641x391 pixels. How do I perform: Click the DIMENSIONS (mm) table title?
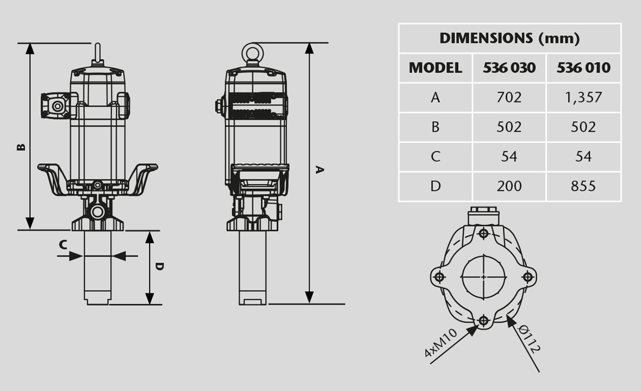(x=509, y=38)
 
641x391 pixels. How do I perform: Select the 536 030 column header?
(x=509, y=68)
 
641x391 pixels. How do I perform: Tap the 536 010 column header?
(x=583, y=68)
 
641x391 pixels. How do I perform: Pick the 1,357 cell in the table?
(x=583, y=97)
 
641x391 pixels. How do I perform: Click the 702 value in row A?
(x=509, y=97)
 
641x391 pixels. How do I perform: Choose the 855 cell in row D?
(x=583, y=186)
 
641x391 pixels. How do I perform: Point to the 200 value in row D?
(x=509, y=186)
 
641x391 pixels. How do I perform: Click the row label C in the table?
(x=435, y=157)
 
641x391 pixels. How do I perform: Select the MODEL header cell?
(x=435, y=68)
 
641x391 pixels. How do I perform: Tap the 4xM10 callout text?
(x=440, y=343)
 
